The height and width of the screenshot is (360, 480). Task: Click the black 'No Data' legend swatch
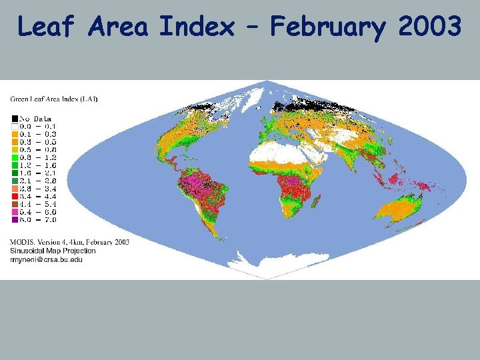click(x=14, y=117)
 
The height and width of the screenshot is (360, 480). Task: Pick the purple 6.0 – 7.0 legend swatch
click(x=14, y=219)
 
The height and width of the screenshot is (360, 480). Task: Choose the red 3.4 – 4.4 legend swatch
click(x=14, y=196)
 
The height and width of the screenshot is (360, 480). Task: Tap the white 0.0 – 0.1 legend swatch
click(x=14, y=125)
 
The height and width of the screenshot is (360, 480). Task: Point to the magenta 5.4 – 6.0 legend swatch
click(x=14, y=211)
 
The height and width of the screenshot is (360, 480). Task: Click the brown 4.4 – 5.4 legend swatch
click(x=14, y=203)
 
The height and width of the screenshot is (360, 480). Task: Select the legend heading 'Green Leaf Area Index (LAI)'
click(x=53, y=99)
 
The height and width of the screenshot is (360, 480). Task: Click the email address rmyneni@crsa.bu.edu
click(x=46, y=259)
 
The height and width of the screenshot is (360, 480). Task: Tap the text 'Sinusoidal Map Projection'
click(x=53, y=251)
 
